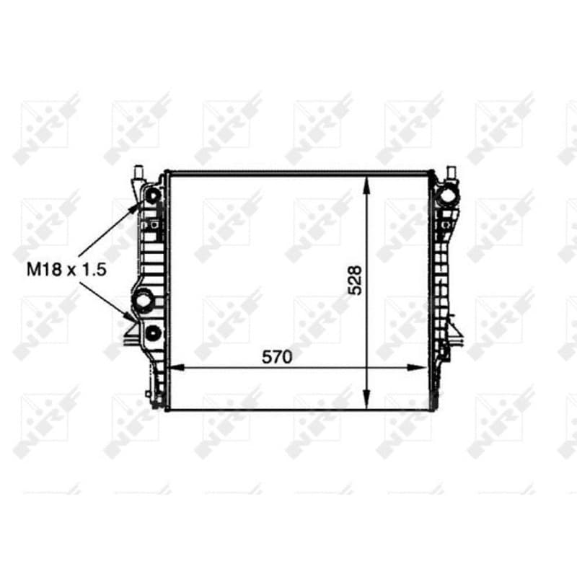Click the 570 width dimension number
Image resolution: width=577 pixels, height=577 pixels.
tap(277, 356)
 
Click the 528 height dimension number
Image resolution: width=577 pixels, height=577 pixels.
tap(355, 280)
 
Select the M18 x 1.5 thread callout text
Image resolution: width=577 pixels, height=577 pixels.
tap(66, 270)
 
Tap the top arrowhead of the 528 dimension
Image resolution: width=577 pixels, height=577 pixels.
tap(366, 185)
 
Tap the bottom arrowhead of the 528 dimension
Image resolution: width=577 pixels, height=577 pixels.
tap(366, 400)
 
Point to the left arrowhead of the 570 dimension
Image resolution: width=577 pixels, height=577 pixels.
tap(177, 367)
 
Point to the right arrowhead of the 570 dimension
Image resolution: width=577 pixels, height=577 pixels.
tap(418, 367)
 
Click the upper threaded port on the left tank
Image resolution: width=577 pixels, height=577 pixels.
tap(152, 195)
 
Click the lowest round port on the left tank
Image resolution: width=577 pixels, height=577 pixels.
tap(153, 333)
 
